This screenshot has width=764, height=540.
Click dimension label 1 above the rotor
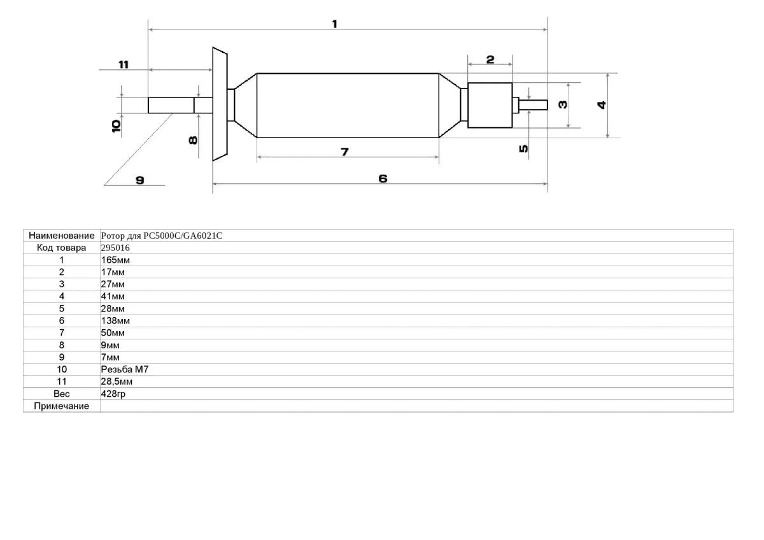pos(335,24)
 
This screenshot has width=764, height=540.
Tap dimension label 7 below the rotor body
pos(344,152)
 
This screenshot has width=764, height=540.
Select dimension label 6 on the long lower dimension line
pos(383,179)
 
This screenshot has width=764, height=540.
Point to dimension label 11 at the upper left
pos(123,64)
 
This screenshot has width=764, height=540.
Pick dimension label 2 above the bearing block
pos(490,59)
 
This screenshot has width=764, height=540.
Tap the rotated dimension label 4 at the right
pos(601,105)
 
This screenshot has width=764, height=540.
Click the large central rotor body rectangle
pos(348,105)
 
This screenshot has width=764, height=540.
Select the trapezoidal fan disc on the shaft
pos(220,104)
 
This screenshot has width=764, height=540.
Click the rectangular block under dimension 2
pos(490,105)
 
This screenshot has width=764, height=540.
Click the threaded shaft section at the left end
pos(171,105)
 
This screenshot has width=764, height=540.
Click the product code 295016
pos(115,248)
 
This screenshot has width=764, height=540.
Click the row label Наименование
pos(61,236)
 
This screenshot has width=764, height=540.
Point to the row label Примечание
pos(61,406)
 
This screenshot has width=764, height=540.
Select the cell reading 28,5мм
pos(117,381)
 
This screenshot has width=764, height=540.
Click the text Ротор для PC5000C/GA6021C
pos(162,236)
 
